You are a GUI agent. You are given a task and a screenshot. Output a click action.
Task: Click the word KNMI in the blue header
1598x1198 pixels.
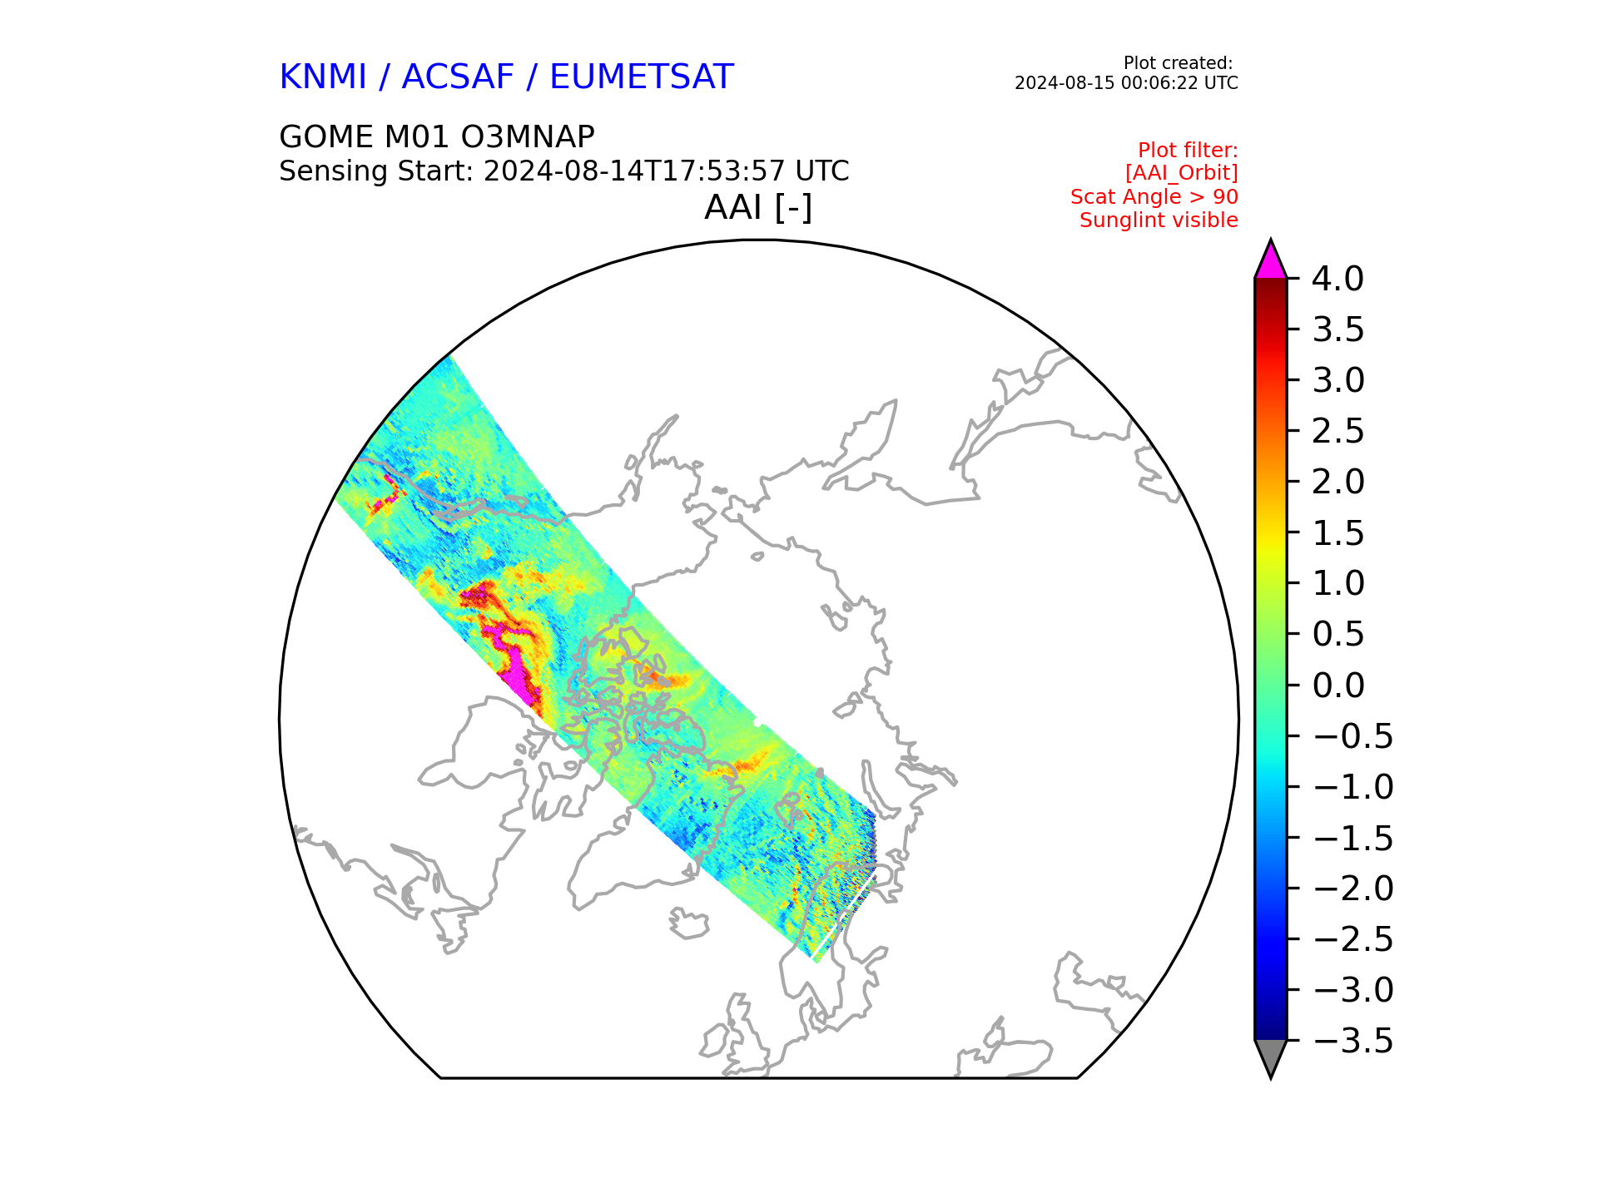[x=323, y=77]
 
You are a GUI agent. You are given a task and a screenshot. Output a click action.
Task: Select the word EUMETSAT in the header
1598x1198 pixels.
[x=642, y=77]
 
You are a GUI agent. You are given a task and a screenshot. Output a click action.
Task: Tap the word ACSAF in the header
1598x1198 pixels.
[x=459, y=77]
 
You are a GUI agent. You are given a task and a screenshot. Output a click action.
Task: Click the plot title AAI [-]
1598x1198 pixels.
[x=758, y=207]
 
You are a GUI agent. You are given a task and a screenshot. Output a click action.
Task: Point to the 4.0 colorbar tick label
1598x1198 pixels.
[x=1337, y=279]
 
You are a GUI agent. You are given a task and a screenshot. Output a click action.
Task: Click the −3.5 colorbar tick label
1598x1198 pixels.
[x=1352, y=1041]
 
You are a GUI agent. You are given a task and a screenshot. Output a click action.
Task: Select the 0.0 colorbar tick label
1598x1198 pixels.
[x=1338, y=686]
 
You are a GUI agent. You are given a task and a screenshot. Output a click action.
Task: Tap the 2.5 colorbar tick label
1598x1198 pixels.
[x=1338, y=431]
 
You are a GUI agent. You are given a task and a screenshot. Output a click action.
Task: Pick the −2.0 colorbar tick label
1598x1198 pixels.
[x=1352, y=889]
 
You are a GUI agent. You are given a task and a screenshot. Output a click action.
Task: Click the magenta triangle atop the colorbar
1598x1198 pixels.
[x=1271, y=261]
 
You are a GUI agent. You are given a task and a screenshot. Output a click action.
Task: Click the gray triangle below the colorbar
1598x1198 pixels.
[x=1271, y=1057]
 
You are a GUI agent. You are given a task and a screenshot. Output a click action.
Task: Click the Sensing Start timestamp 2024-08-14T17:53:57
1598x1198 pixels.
[x=634, y=171]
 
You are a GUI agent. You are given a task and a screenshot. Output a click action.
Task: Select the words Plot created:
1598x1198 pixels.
[x=1178, y=63]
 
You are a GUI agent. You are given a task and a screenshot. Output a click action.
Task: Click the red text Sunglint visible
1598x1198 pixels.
[x=1159, y=220]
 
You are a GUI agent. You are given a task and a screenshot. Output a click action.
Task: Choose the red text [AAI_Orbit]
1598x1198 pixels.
[x=1182, y=173]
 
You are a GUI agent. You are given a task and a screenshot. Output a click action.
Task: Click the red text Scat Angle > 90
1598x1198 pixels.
[x=1154, y=197]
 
